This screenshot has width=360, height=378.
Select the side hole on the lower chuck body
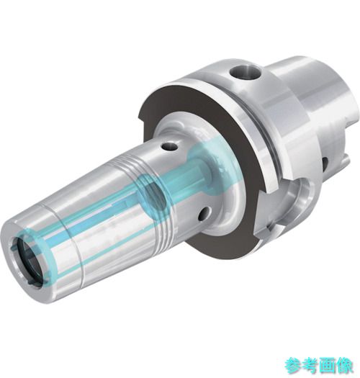[x=204, y=213]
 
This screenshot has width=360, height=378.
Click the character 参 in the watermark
[x=294, y=366]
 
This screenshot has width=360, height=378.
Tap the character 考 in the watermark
[x=310, y=366]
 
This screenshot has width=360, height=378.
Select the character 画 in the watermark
[x=327, y=366]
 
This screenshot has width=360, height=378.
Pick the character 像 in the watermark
[x=344, y=366]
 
